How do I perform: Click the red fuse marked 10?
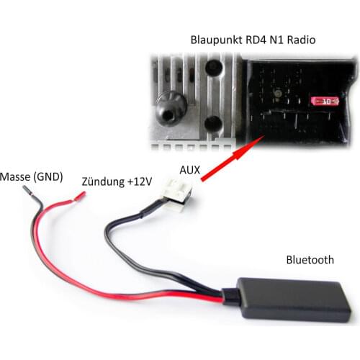[x=324, y=102]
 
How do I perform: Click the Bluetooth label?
[x=310, y=260]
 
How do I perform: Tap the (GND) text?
[x=48, y=176]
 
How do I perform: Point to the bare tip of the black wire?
[x=27, y=191]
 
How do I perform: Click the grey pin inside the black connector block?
[x=276, y=94]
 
